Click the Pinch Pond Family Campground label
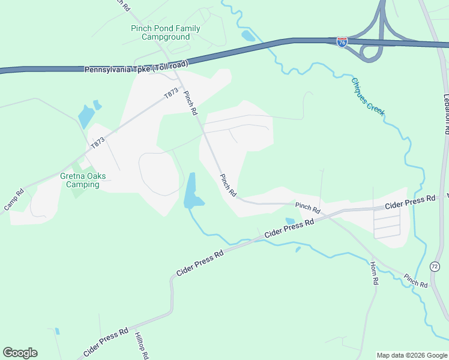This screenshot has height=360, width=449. pos(166,32)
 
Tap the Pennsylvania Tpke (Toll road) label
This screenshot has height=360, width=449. pos(136,67)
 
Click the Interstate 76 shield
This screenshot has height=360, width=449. pos(342,43)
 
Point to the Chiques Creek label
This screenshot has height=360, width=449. pos(368,96)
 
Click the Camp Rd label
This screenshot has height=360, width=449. pos(14,200)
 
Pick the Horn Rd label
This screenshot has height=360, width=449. pos(374,273)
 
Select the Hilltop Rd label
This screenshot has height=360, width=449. pos(142,346)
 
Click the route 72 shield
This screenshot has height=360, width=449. pos(434,265)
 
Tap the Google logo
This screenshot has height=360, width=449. pos(20,353)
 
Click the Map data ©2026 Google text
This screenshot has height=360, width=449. pos(412,355)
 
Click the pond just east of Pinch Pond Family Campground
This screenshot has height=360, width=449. pos(248,35)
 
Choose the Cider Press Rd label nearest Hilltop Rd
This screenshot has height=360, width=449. pos(107,342)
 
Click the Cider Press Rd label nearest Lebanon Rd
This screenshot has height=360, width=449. pos(411,202)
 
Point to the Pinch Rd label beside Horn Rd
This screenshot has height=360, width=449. pos(415,280)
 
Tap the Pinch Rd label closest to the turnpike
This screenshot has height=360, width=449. pos(191,103)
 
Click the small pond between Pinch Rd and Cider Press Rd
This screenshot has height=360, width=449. pos(290,221)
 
